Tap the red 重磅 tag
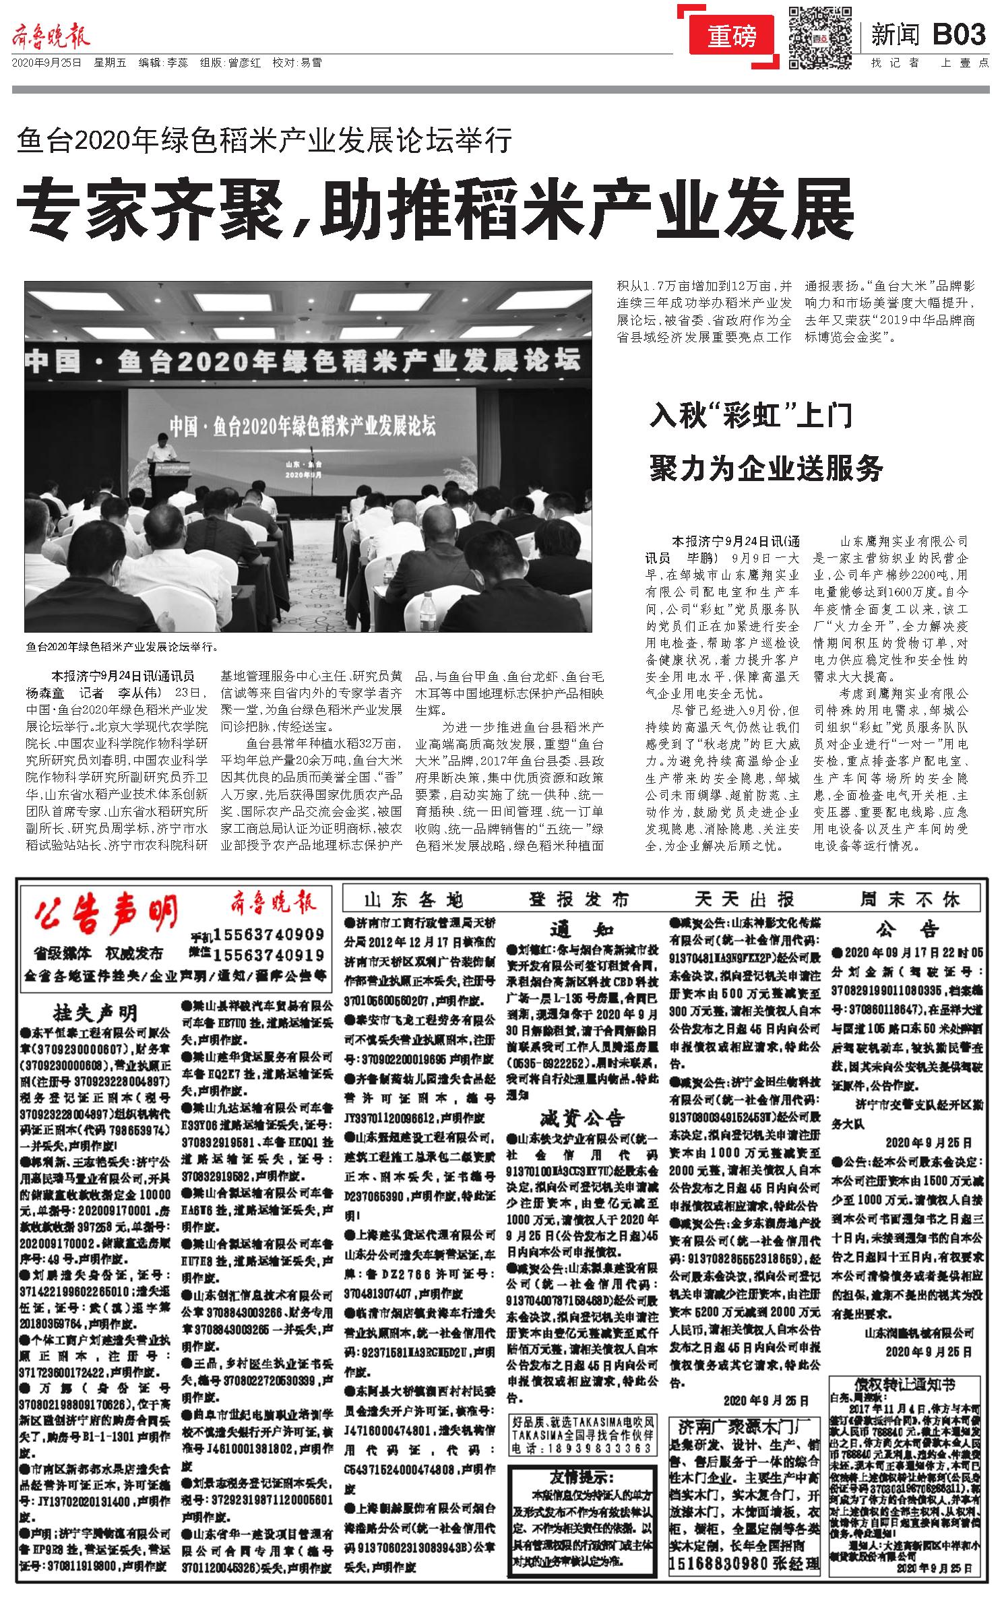click(x=732, y=37)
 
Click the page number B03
click(x=960, y=34)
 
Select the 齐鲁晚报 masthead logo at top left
click(x=51, y=38)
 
